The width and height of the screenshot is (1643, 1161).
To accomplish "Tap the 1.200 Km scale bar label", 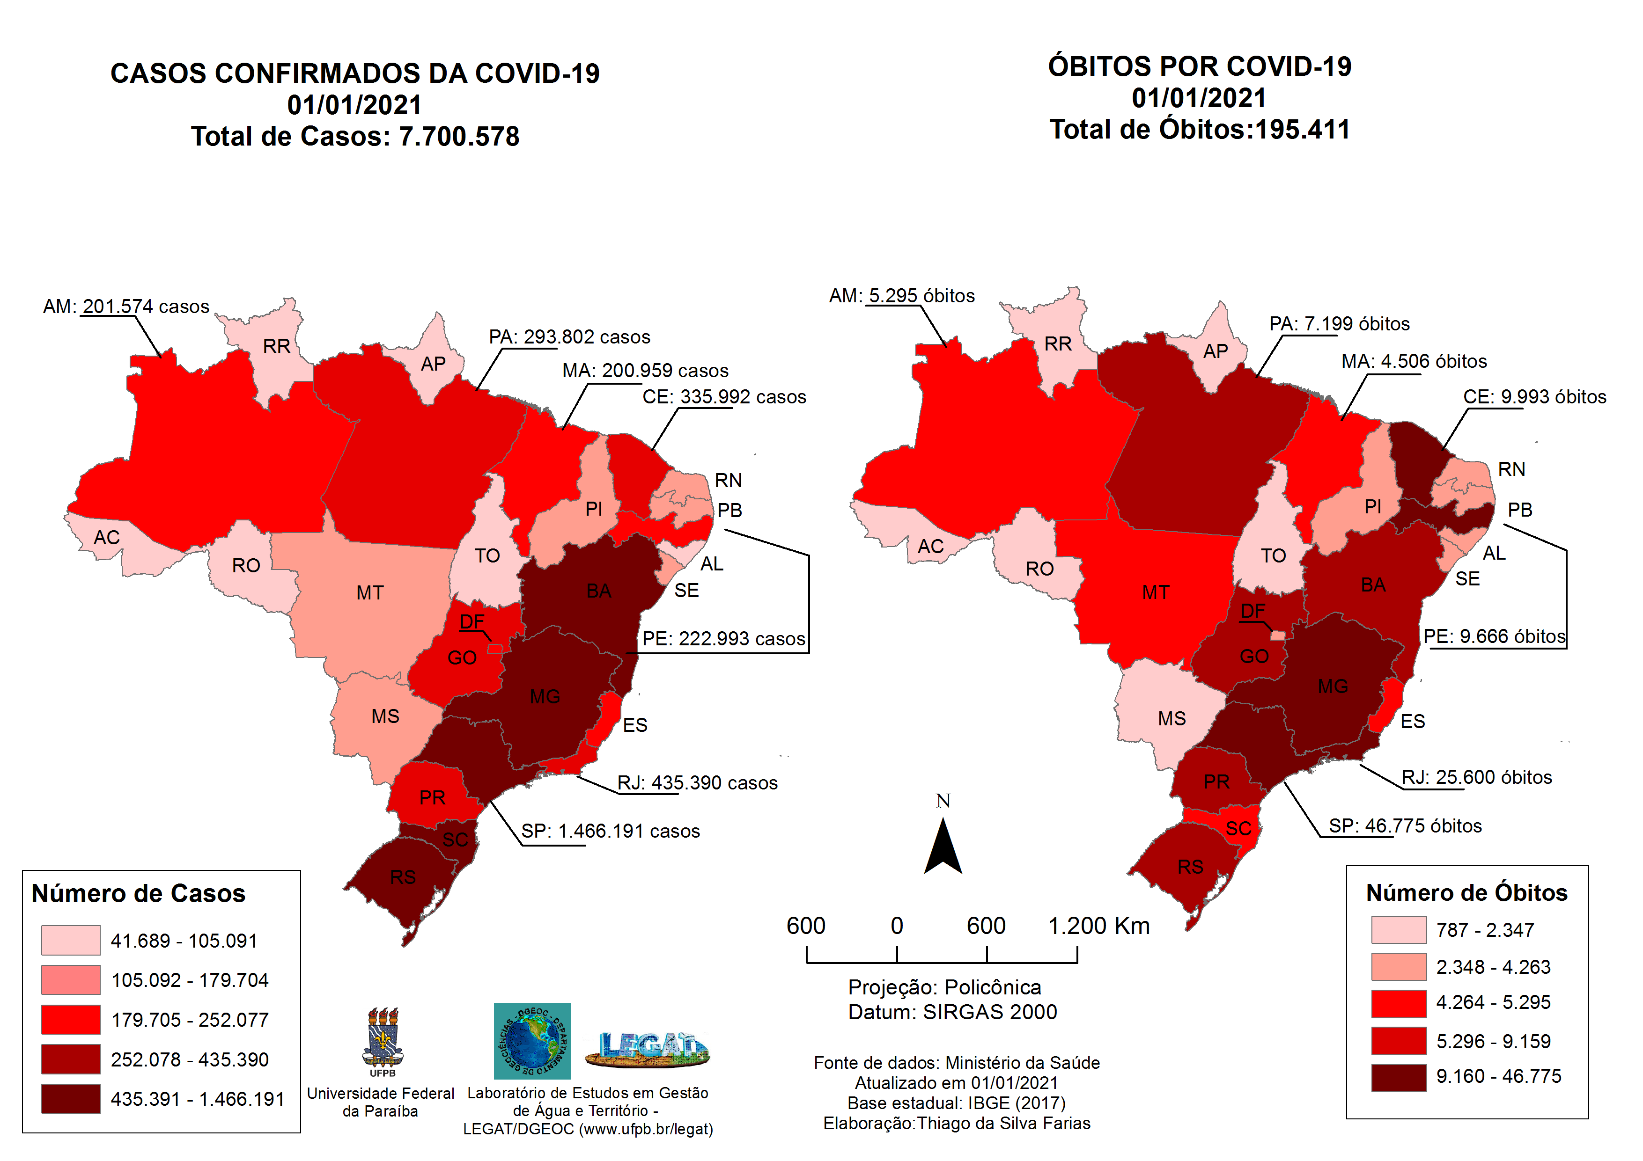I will click(1098, 927).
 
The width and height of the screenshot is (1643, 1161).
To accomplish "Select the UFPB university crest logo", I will click(383, 1040).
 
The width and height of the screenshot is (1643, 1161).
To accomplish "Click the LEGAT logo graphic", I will click(648, 1048).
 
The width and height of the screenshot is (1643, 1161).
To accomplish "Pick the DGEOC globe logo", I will click(532, 1041).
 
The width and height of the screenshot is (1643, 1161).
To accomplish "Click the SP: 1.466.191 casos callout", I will click(610, 831).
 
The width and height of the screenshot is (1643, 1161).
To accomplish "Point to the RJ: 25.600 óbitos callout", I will click(1476, 778).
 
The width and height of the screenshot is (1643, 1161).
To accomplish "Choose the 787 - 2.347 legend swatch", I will click(1398, 930).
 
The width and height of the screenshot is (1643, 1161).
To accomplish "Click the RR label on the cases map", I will click(276, 346).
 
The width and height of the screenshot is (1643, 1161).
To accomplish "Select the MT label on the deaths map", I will click(1155, 592).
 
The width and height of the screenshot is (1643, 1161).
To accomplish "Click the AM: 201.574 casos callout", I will click(126, 307).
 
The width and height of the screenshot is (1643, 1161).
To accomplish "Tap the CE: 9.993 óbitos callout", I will click(1534, 397).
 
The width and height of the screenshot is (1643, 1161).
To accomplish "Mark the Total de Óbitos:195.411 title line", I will click(1199, 130).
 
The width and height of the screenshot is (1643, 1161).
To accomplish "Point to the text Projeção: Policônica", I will click(944, 988).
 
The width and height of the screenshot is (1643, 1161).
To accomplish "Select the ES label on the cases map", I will click(635, 725).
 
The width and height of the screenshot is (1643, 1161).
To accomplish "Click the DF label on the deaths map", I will click(1253, 611).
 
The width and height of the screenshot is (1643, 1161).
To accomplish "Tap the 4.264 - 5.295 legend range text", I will click(1493, 1003).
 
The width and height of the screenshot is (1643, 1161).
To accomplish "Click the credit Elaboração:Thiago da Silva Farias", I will click(956, 1124).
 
